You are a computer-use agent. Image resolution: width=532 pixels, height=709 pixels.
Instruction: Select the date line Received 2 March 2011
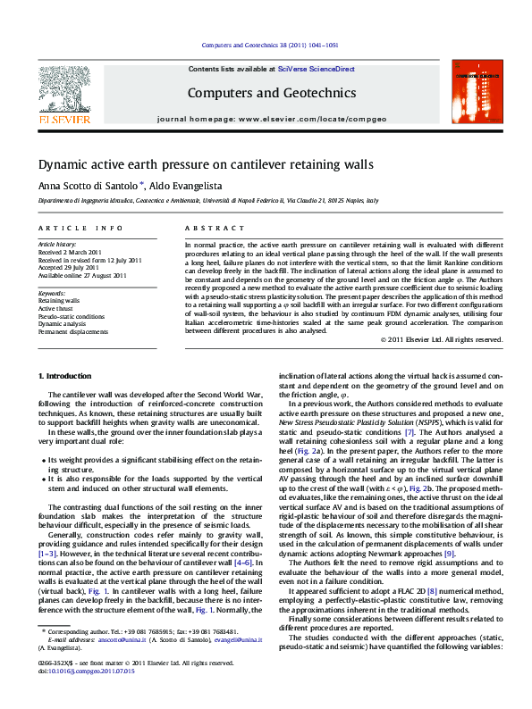[x=70, y=252]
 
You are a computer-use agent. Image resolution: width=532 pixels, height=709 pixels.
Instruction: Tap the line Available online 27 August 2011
[x=81, y=276]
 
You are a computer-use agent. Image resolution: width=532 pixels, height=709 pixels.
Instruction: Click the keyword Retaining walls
[x=58, y=302]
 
